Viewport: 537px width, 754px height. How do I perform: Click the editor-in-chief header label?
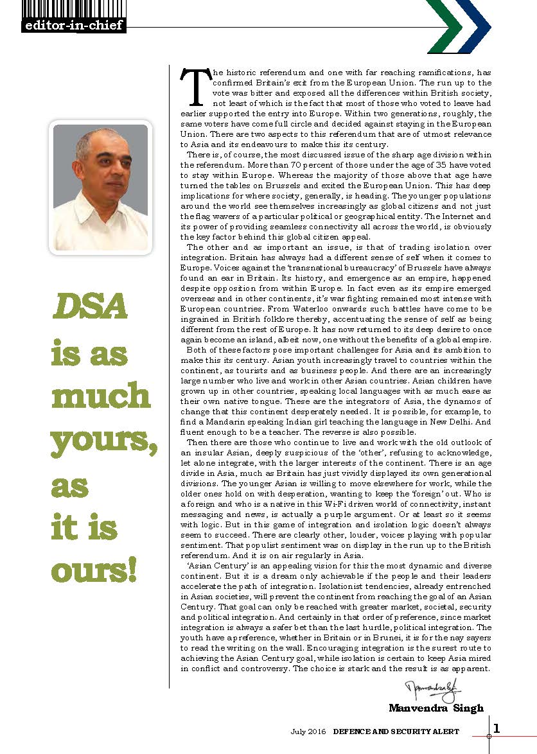coord(72,26)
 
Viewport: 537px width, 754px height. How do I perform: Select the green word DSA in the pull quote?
coord(90,309)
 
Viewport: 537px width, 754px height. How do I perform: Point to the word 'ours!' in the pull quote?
coord(94,570)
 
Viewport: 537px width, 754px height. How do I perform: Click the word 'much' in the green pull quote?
coord(100,396)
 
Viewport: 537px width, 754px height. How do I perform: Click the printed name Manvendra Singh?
coord(436,708)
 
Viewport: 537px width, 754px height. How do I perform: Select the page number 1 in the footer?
coord(497,727)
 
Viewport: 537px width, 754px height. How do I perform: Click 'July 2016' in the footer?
coord(309,732)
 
